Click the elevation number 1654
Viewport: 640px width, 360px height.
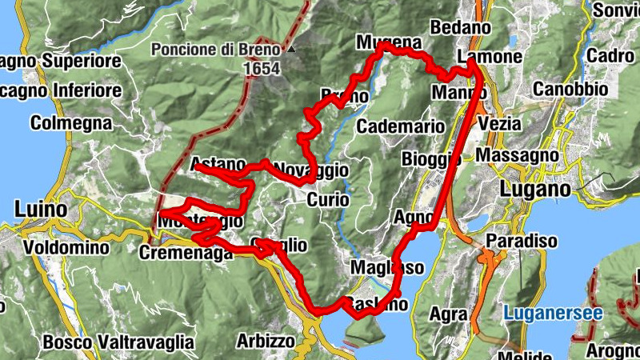pos(263,69)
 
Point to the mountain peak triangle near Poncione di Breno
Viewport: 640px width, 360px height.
pos(292,50)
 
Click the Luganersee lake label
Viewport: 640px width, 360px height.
pos(553,314)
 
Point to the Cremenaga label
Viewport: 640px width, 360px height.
pos(186,252)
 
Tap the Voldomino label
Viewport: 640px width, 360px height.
pos(66,247)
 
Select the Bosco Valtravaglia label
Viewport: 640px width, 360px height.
pos(118,342)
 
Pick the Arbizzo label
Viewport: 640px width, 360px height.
pos(266,341)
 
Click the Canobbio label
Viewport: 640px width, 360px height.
pos(571,88)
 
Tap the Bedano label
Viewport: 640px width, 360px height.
pos(460,27)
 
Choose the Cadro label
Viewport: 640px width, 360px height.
pos(610,56)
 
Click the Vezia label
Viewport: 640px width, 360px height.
pos(500,124)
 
